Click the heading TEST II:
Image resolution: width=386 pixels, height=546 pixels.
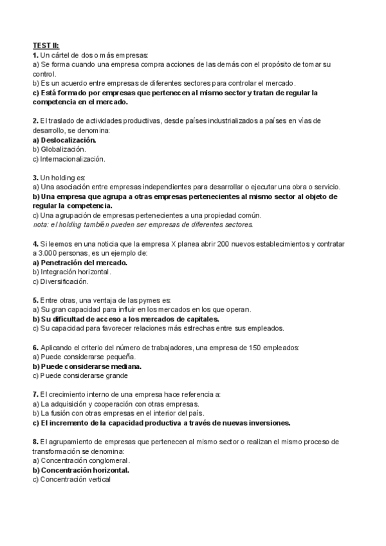coord(46,46)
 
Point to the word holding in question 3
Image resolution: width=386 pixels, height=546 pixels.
coord(61,177)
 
